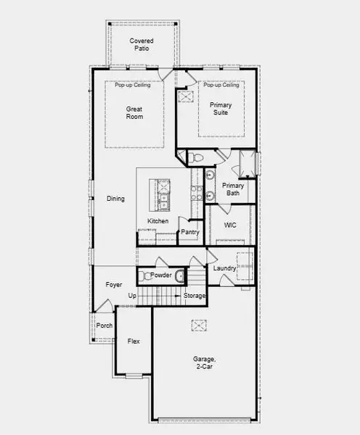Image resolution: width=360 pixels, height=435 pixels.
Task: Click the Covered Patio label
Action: pos(142,45)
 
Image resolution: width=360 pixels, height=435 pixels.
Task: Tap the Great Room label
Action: pos(134,113)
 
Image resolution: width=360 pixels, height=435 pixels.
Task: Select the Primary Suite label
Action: pos(221,109)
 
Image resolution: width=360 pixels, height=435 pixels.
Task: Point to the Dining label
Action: pos(115,199)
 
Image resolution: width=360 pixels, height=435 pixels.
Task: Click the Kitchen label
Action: pos(158,221)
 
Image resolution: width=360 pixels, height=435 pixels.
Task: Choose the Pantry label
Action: pos(190,232)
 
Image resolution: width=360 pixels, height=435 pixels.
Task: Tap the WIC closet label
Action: pos(230,225)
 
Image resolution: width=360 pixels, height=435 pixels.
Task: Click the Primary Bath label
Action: pos(233,190)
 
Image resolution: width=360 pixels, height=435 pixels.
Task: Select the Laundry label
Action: pos(224,269)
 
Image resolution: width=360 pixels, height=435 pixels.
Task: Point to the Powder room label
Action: pos(161,275)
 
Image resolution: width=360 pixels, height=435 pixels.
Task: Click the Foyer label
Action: pos(114,285)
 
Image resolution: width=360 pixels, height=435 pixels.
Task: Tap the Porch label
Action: pos(105,326)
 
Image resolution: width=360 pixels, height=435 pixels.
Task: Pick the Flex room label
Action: pos(134,341)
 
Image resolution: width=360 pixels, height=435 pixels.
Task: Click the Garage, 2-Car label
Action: pos(205,362)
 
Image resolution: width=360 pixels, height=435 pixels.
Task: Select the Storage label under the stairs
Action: pos(194,296)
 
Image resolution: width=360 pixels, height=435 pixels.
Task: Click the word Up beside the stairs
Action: pos(132,296)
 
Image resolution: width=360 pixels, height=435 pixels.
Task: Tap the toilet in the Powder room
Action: pos(144,275)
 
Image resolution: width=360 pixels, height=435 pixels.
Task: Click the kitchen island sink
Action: pos(164,196)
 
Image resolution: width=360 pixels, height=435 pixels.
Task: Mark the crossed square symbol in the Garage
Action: pos(200,326)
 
